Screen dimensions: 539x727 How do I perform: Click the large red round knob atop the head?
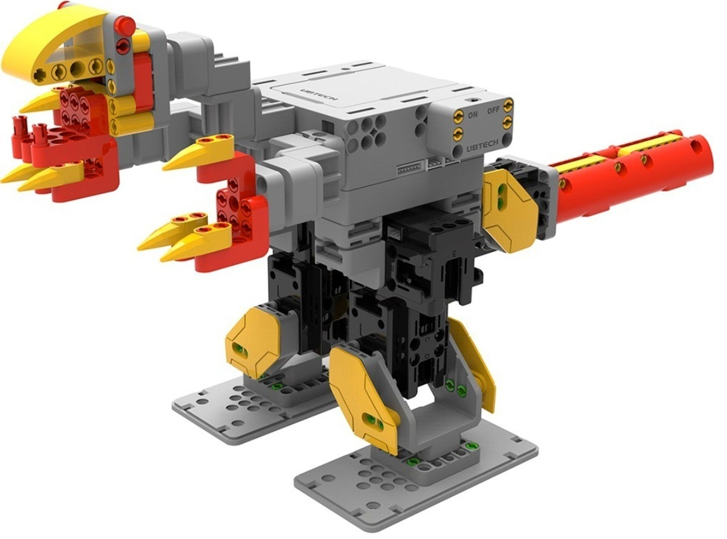tap(124, 26)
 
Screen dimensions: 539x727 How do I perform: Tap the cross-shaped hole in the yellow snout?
tap(40, 74)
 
